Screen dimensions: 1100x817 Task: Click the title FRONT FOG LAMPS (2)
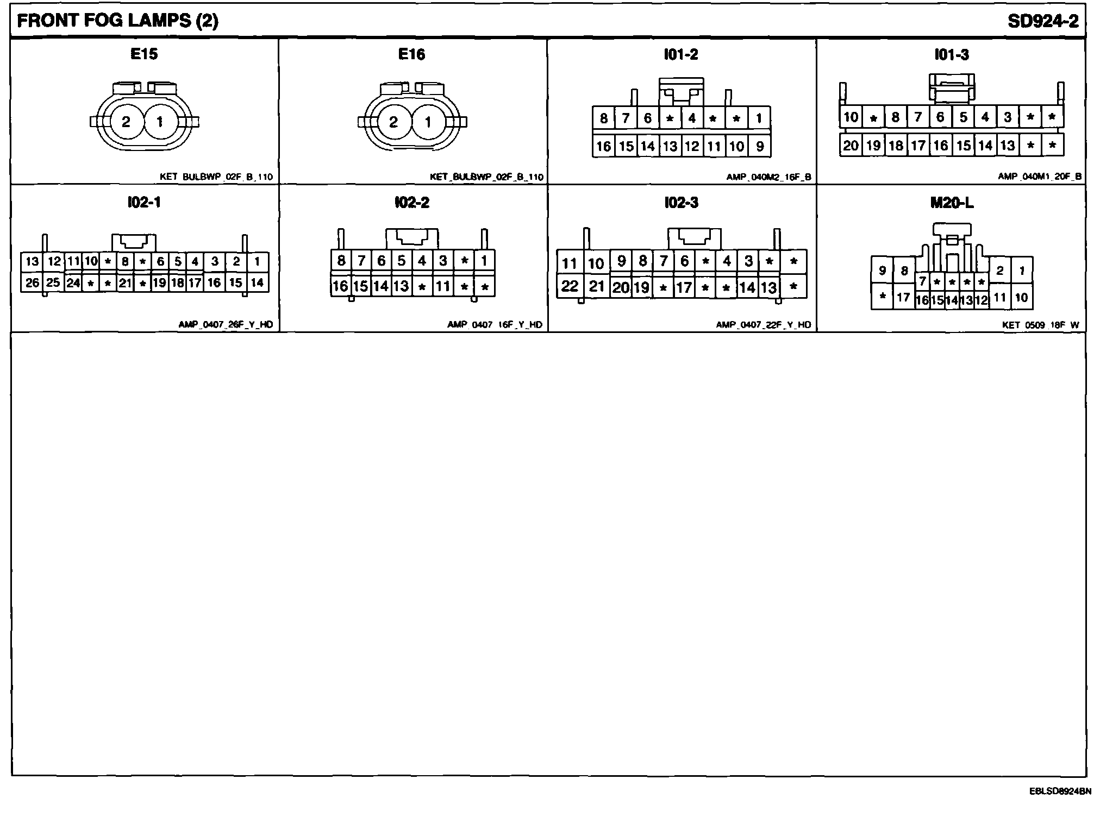point(118,21)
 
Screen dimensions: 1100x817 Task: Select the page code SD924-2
point(1043,21)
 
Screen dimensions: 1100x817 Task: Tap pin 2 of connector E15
point(126,122)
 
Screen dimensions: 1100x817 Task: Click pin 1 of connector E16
point(428,122)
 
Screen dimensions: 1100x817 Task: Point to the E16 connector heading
point(411,54)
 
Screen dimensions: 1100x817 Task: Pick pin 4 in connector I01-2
point(692,118)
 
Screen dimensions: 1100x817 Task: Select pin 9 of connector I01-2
point(759,146)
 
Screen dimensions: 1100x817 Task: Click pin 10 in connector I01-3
point(851,117)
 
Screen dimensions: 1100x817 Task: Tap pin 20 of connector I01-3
point(851,145)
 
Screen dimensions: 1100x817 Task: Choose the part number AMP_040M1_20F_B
point(1040,177)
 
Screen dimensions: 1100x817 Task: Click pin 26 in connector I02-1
point(32,282)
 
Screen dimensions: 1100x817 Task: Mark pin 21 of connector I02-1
point(126,283)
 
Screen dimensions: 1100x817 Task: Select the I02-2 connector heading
point(411,203)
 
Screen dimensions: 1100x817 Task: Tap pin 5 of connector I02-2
point(401,261)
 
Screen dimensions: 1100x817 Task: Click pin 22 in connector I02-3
point(570,286)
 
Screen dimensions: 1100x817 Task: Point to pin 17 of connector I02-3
point(684,287)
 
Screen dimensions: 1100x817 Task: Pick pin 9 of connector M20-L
point(883,271)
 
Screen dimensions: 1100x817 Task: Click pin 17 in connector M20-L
point(903,297)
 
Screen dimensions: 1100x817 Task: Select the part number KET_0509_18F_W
point(1041,325)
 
